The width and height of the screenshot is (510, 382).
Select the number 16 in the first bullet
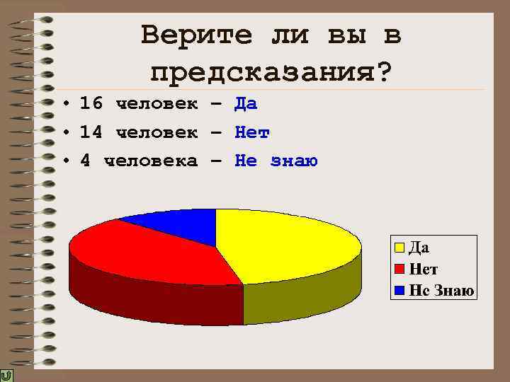(x=91, y=104)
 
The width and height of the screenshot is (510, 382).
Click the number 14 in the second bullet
(x=91, y=132)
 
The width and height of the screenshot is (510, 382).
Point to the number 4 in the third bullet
(x=86, y=161)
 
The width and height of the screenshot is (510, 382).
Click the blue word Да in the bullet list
(x=246, y=104)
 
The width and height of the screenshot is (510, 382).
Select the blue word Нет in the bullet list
(x=252, y=132)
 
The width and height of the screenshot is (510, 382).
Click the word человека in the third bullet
(x=151, y=161)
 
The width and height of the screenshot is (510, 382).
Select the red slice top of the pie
(x=149, y=248)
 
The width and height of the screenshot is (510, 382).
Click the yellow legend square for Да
(x=399, y=247)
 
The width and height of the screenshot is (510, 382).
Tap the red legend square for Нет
(x=399, y=269)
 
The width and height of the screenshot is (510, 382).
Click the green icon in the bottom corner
(x=6, y=375)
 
